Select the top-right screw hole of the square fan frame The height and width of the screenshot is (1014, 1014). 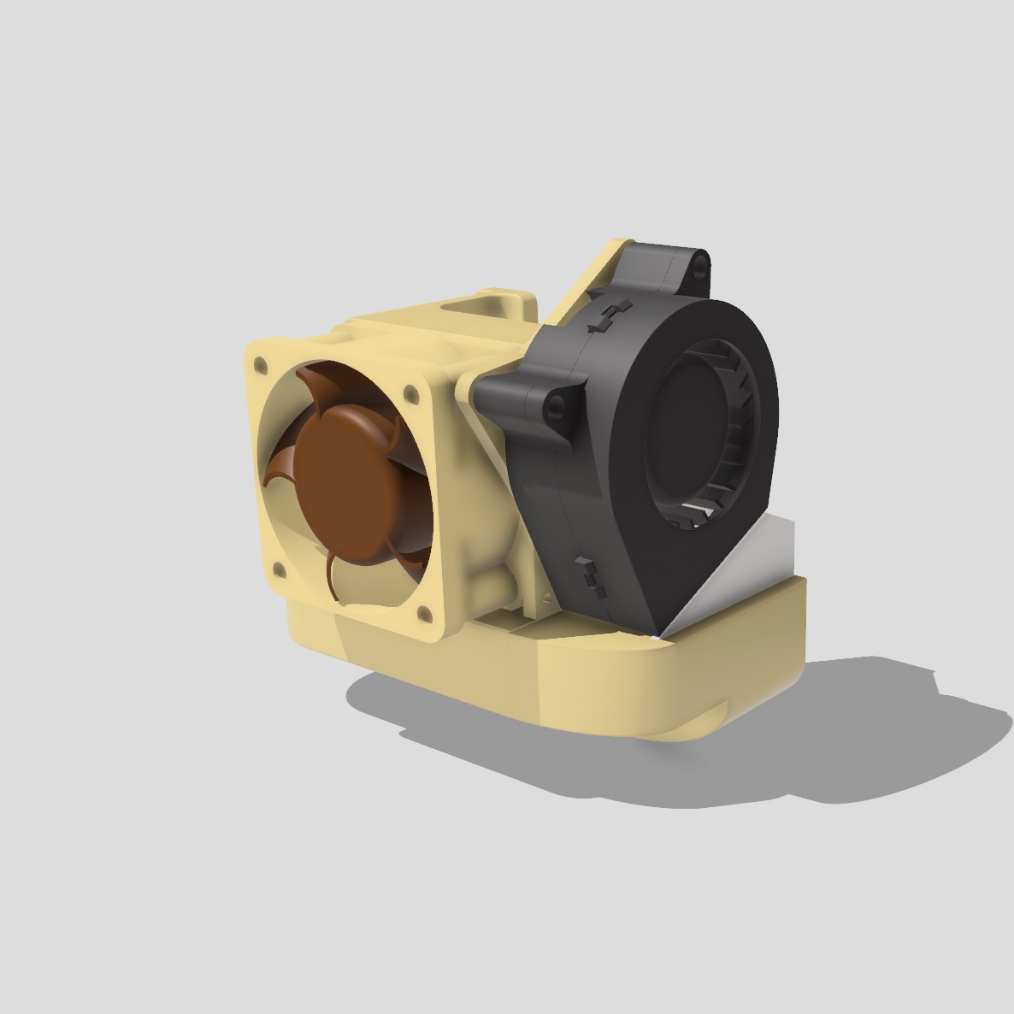click(x=410, y=393)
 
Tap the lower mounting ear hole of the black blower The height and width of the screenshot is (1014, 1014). click(x=557, y=409)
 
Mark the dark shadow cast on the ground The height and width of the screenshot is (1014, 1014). click(x=684, y=752)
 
